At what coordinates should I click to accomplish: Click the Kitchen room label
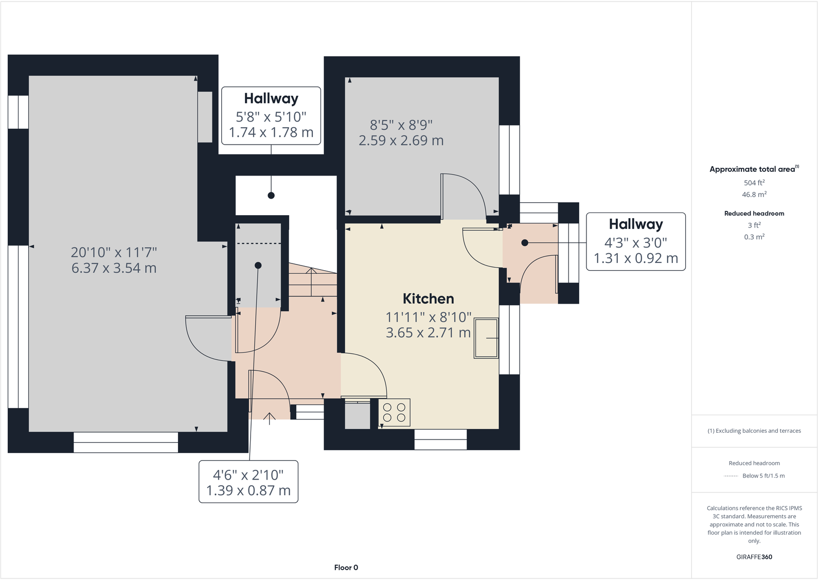click(428, 298)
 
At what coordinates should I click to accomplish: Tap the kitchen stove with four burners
click(395, 412)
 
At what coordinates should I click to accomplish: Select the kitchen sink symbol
click(486, 338)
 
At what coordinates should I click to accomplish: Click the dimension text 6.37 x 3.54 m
click(114, 268)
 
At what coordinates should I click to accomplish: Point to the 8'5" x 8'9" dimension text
click(401, 125)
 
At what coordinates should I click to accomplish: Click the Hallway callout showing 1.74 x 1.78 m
click(271, 116)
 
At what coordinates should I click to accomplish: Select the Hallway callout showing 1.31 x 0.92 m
click(636, 241)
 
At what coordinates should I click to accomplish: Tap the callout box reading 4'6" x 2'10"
click(248, 482)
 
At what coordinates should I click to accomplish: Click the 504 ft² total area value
click(754, 183)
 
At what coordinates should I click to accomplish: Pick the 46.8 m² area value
click(754, 195)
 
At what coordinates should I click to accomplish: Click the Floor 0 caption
click(346, 568)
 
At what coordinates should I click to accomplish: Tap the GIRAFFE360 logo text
click(754, 557)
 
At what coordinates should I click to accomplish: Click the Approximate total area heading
click(753, 169)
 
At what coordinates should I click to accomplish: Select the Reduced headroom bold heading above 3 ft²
click(754, 214)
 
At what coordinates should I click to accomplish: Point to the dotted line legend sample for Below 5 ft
click(731, 476)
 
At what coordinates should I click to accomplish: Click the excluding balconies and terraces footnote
click(754, 431)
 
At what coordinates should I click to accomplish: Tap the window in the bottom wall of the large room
click(126, 442)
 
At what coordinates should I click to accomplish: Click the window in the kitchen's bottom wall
click(440, 439)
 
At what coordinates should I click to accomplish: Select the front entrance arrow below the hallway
click(270, 417)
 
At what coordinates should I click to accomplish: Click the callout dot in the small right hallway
click(525, 242)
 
